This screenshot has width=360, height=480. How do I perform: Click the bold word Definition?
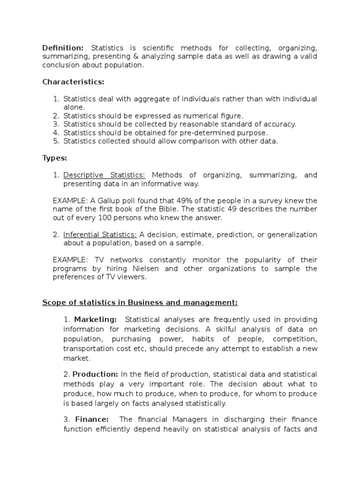point(63,48)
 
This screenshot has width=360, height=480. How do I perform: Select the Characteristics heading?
point(73,82)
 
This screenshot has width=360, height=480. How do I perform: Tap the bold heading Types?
point(55,158)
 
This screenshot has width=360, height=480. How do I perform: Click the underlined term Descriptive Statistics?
point(104,175)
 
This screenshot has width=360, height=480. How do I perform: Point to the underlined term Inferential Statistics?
point(100,234)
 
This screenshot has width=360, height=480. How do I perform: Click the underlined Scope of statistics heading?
point(140,302)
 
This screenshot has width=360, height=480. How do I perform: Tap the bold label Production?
point(96,374)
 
